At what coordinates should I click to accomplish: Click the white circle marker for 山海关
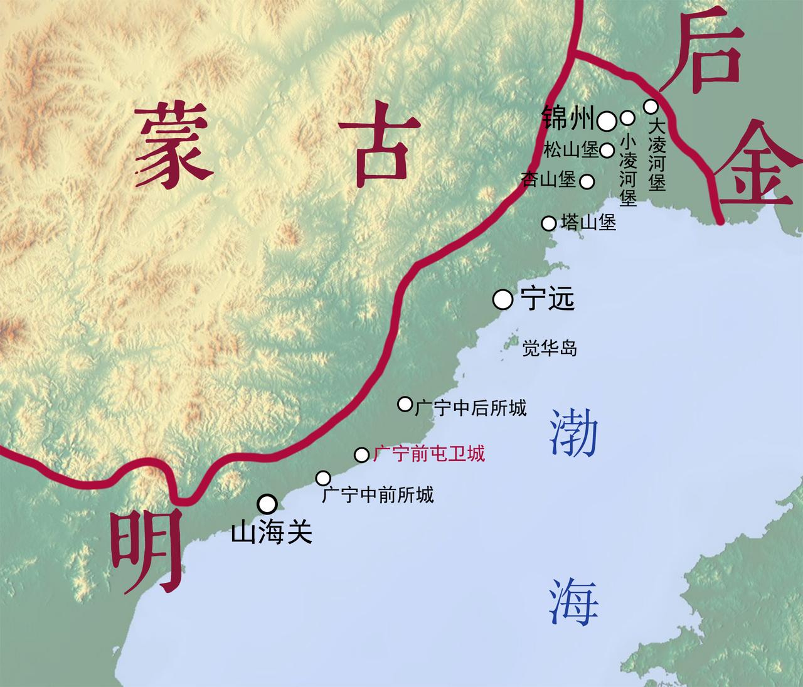(267, 503)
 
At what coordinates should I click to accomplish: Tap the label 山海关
(272, 533)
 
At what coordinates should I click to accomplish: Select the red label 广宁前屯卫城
(429, 454)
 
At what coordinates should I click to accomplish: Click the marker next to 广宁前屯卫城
(362, 455)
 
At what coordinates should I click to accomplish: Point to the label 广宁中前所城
(378, 496)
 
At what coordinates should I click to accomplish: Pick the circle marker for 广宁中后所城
(405, 403)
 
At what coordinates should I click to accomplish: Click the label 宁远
(548, 300)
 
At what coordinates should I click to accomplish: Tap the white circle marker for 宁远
(503, 300)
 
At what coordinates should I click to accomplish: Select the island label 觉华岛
(550, 348)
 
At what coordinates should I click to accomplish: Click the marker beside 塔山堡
(549, 223)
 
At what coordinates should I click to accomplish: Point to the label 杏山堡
(549, 180)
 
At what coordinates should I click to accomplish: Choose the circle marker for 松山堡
(607, 151)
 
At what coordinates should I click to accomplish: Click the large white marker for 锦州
(606, 121)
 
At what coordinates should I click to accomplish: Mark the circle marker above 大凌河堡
(651, 105)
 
